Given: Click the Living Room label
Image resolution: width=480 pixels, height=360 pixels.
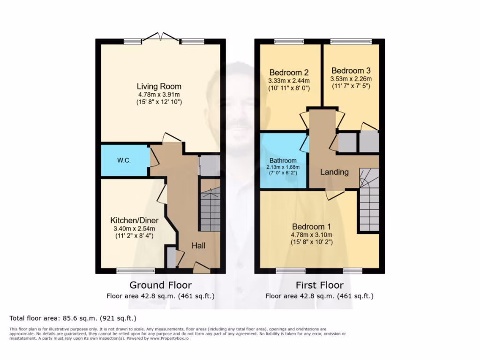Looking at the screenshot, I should click(x=159, y=86).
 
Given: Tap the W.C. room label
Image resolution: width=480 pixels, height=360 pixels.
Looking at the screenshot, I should click(x=124, y=160).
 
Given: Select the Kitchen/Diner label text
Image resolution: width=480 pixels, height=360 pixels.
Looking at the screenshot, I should click(x=134, y=220).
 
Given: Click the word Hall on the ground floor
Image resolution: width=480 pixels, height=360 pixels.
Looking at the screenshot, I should click(x=198, y=246).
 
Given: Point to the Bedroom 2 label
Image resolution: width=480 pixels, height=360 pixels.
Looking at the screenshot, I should click(x=289, y=73).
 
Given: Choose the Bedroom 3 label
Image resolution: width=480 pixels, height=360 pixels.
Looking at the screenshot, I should click(x=351, y=71).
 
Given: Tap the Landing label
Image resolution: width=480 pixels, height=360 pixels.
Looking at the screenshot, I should click(x=334, y=172).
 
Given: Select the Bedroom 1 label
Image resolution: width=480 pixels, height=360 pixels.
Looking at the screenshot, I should click(x=311, y=227).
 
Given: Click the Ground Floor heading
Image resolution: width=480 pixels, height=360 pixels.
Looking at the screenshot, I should click(x=160, y=285).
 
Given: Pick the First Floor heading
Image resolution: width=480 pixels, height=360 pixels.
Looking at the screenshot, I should click(x=319, y=285).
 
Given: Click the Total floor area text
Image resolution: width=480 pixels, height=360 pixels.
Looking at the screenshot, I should click(x=73, y=317).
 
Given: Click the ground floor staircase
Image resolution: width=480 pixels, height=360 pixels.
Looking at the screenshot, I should click(x=210, y=209).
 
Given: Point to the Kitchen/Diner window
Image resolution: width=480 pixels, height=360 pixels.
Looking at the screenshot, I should click(x=135, y=270).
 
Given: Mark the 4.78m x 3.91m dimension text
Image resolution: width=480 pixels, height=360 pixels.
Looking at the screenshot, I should click(x=159, y=94).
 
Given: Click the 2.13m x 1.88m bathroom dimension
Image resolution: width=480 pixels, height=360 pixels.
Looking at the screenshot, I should click(x=283, y=167).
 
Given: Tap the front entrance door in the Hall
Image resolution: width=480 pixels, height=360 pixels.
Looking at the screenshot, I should click(x=202, y=268).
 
